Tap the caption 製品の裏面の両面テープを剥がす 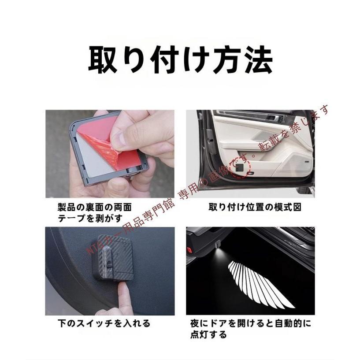click(94, 212)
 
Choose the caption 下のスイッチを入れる click(104, 323)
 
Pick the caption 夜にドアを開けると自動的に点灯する click(251, 329)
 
